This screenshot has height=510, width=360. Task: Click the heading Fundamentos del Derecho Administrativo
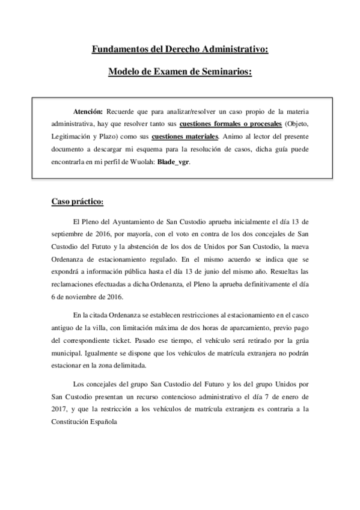tap(180, 50)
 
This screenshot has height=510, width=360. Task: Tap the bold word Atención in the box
tap(88, 112)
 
